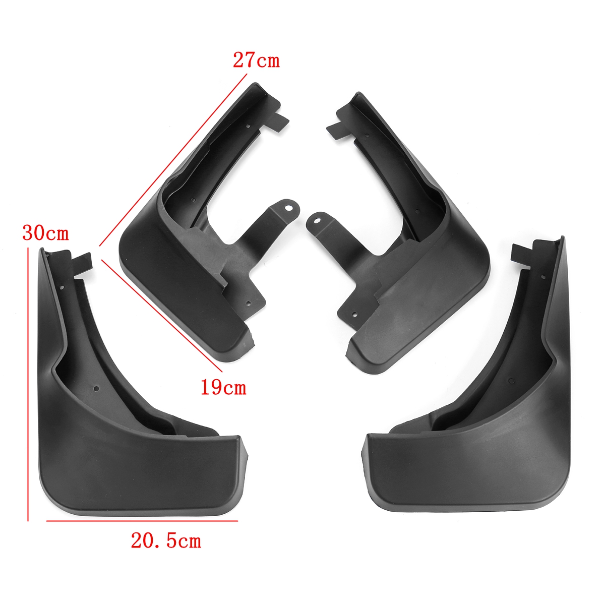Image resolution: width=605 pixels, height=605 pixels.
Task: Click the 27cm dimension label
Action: (256, 60)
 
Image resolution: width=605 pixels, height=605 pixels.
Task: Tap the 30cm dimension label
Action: (45, 233)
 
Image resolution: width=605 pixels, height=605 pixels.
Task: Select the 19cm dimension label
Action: (223, 388)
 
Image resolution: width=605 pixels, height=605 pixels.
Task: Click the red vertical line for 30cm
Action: (28, 383)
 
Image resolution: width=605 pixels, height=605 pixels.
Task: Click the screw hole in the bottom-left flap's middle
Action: (96, 389)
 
